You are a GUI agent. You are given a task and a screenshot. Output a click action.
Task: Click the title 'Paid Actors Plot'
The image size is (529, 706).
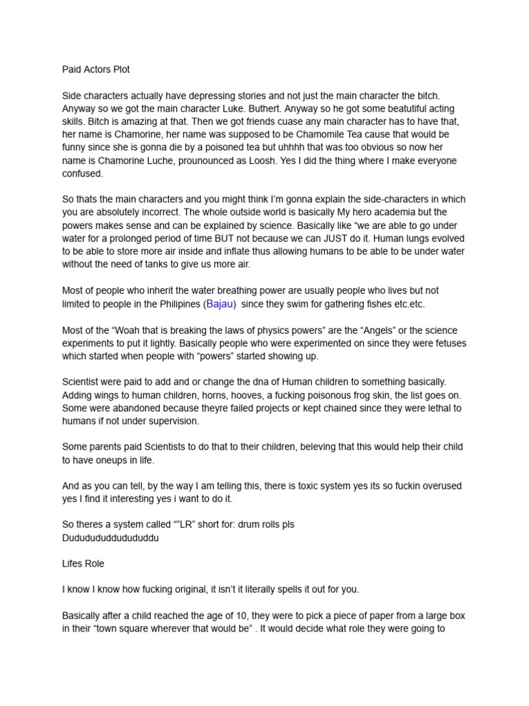pos(96,70)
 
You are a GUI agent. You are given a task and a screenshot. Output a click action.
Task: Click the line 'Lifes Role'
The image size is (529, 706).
pos(83,563)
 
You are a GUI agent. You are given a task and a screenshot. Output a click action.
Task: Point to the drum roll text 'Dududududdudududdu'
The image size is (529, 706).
pos(110,537)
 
